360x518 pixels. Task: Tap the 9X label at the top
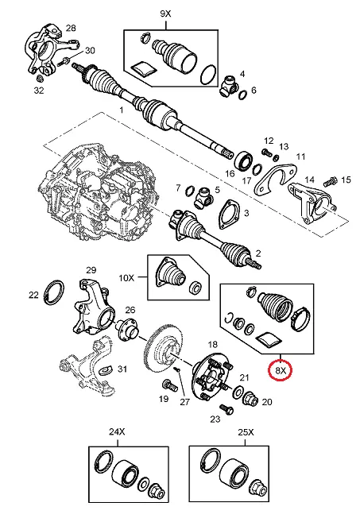coord(165,14)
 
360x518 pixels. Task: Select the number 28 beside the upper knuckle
coord(71,28)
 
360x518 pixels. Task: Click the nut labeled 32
coord(40,79)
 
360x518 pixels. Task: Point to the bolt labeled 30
coord(64,61)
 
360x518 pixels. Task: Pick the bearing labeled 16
coord(244,160)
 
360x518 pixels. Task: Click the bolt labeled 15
coord(331,181)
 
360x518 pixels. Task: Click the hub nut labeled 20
coord(252,398)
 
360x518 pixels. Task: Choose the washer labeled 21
coord(238,393)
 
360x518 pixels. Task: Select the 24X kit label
coord(117,432)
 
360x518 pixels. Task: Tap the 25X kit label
coord(246,432)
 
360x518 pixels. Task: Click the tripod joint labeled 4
coord(229,87)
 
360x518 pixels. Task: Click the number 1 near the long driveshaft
coord(121,110)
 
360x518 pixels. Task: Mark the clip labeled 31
coord(106,369)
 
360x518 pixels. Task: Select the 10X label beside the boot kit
coord(126,277)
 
